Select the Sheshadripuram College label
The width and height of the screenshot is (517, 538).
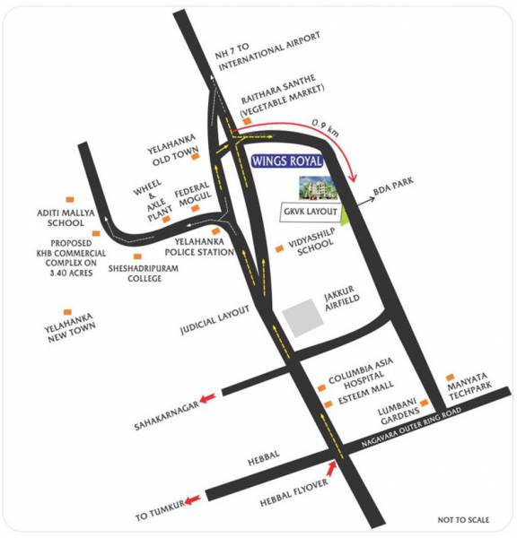click(136, 273)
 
